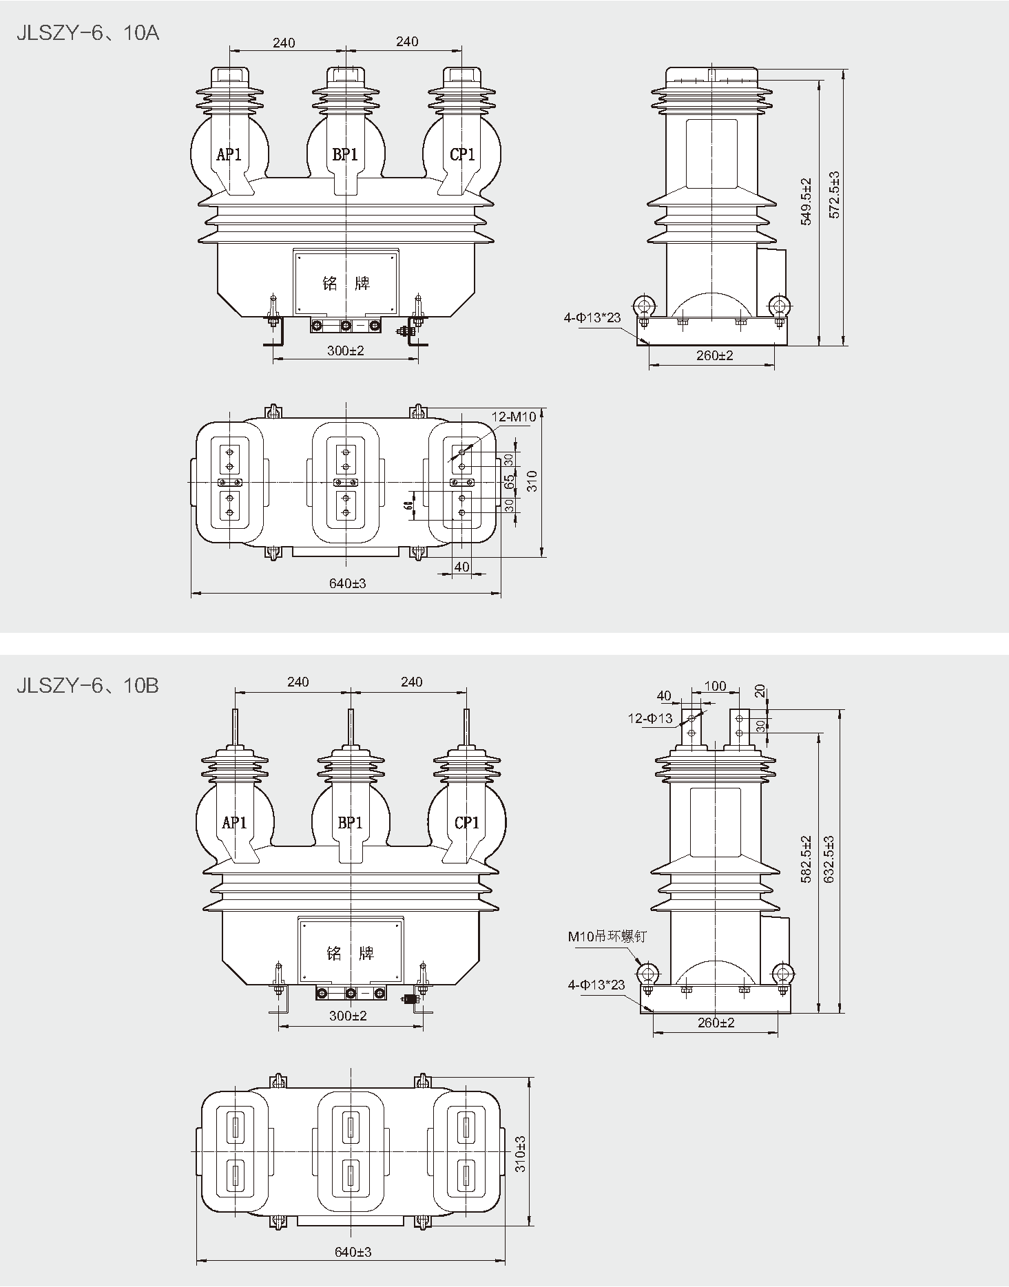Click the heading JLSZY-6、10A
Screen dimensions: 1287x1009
click(x=88, y=33)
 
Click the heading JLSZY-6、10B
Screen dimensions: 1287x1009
click(x=88, y=685)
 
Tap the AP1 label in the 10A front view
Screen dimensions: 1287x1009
click(x=229, y=154)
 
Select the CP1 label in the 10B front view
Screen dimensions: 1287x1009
click(x=467, y=822)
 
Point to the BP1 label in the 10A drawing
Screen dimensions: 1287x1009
click(x=345, y=154)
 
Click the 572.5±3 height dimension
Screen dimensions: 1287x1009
click(x=834, y=195)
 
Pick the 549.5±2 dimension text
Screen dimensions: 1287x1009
click(x=807, y=201)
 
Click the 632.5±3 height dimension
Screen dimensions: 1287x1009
click(x=829, y=860)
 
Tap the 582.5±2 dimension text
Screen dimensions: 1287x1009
click(x=807, y=859)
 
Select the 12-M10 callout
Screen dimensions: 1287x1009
click(x=514, y=417)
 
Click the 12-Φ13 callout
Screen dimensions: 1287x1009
click(x=649, y=718)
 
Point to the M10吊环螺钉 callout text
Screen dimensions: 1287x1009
click(x=607, y=936)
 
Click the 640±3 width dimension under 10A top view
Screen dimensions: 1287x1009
click(x=348, y=583)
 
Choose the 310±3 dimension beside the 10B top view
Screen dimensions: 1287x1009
click(x=521, y=1153)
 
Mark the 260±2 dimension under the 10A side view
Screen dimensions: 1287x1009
click(x=715, y=355)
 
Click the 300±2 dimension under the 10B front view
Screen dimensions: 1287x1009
click(x=348, y=1016)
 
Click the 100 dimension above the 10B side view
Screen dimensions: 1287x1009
click(x=716, y=686)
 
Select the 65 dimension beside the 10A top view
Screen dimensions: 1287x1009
click(x=510, y=481)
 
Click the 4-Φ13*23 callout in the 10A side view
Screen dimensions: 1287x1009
click(x=592, y=317)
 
